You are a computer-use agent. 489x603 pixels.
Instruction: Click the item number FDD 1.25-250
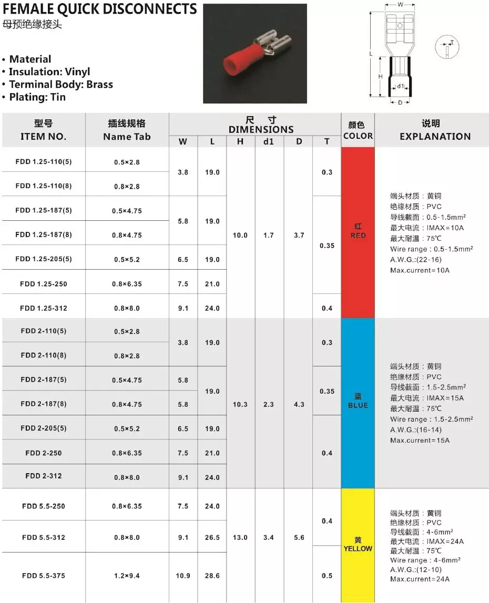(x=44, y=284)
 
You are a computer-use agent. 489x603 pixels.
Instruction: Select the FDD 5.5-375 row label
(x=44, y=576)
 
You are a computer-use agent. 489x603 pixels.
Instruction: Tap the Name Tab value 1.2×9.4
(x=127, y=576)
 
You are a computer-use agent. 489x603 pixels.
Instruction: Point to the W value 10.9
(x=183, y=576)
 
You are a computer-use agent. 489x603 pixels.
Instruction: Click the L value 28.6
(x=212, y=576)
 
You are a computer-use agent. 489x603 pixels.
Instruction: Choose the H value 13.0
(x=240, y=537)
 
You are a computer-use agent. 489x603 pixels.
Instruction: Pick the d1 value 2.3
(x=269, y=404)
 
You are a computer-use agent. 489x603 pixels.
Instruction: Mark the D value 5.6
(x=299, y=537)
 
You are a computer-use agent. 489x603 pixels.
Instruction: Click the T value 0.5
(x=327, y=576)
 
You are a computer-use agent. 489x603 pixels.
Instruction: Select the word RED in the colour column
(x=358, y=236)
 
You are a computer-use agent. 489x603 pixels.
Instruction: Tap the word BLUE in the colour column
(x=358, y=405)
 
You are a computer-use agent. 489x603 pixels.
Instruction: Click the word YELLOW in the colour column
(x=358, y=548)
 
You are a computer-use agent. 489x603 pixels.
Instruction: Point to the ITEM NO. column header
(x=44, y=137)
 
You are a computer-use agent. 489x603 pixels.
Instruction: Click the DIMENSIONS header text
(x=261, y=129)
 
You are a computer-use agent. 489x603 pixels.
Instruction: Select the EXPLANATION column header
(x=435, y=137)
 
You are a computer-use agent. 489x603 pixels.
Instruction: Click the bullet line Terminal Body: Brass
(x=61, y=84)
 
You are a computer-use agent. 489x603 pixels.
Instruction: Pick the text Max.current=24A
(x=420, y=579)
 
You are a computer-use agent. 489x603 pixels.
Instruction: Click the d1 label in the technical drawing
(x=401, y=86)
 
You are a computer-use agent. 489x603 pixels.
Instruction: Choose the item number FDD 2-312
(x=44, y=476)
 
